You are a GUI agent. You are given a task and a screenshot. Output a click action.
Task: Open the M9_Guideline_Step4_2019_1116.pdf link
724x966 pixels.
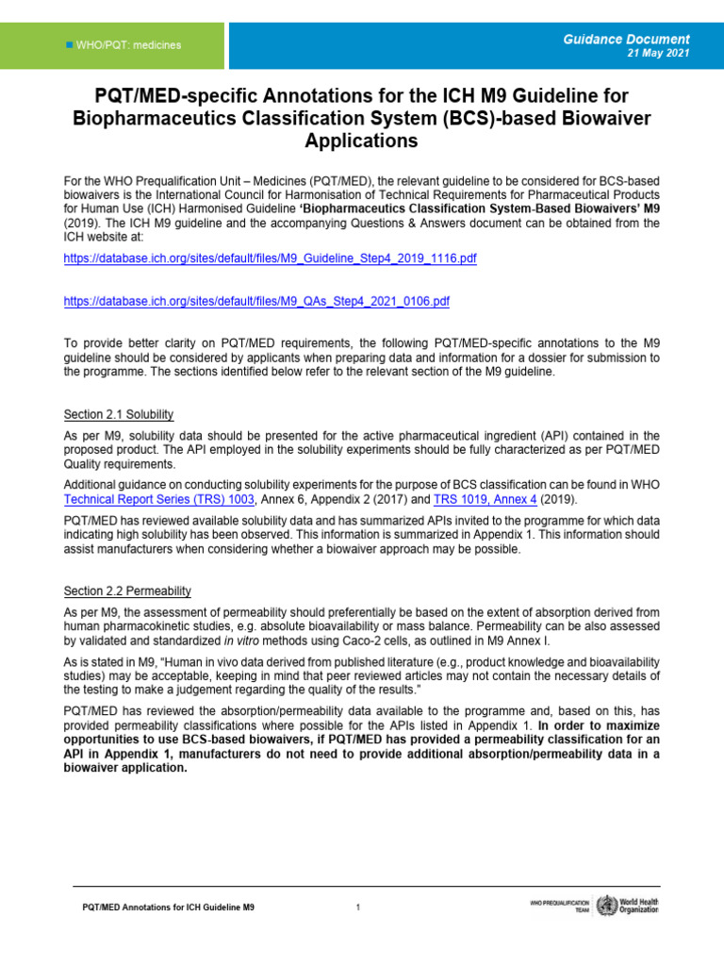tap(270, 258)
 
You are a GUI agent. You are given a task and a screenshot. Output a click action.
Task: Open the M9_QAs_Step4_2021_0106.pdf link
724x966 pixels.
tap(256, 302)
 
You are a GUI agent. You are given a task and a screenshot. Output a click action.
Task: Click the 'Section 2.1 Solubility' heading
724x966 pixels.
tap(119, 415)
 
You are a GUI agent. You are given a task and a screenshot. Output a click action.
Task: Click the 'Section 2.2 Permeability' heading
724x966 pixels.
tap(127, 591)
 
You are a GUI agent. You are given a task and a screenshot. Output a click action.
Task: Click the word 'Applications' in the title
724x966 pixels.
tap(361, 142)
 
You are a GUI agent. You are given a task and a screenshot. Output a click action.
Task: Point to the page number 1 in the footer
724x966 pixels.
tap(358, 908)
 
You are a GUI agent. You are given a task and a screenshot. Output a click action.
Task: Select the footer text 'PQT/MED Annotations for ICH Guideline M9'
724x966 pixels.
tap(166, 908)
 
